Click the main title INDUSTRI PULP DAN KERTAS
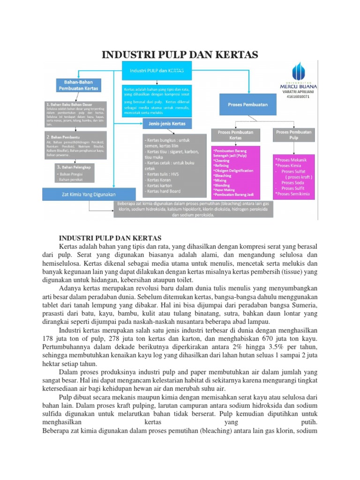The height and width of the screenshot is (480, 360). [x=180, y=55]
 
